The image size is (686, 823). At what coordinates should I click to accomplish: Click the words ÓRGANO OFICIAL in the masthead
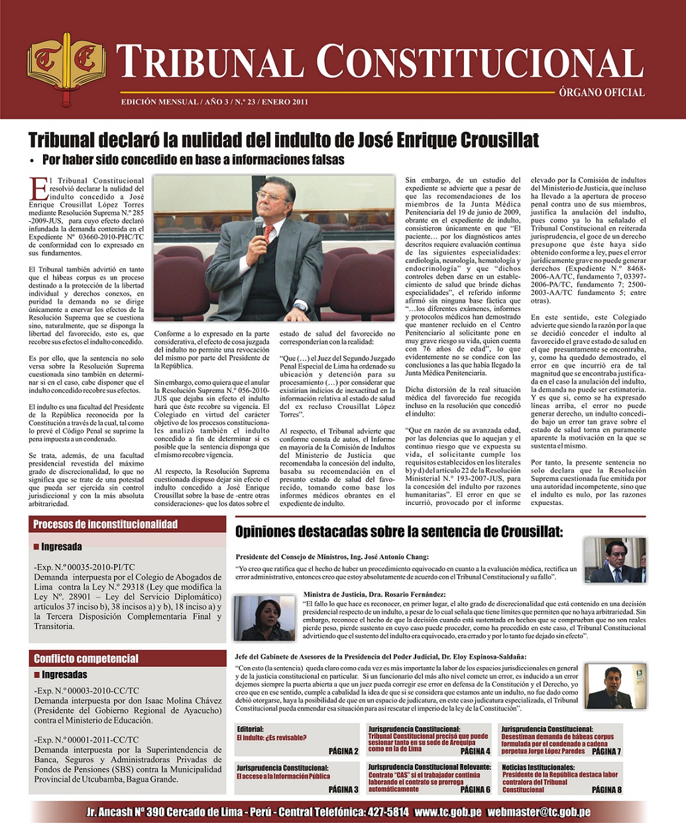pyautogui.click(x=601, y=93)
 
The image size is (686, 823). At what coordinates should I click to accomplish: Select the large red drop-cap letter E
pyautogui.click(x=39, y=188)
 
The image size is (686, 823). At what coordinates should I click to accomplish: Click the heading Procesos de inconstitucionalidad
pyautogui.click(x=105, y=524)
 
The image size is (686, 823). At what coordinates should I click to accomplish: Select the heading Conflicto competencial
pyautogui.click(x=86, y=659)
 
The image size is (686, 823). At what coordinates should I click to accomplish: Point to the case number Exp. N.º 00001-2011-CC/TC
pyautogui.click(x=86, y=740)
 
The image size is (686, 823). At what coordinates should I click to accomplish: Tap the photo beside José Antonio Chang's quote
pyautogui.click(x=614, y=561)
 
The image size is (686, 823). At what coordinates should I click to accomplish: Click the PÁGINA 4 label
pyautogui.click(x=475, y=751)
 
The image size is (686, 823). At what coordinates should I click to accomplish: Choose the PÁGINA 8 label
pyautogui.click(x=606, y=789)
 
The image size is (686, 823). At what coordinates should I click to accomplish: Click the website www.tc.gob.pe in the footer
pyautogui.click(x=447, y=812)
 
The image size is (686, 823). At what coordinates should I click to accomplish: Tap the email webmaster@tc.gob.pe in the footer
pyautogui.click(x=539, y=812)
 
